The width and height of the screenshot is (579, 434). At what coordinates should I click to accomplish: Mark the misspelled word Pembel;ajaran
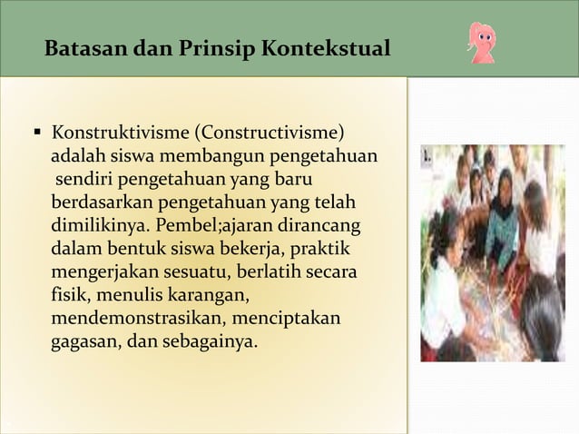click(x=211, y=225)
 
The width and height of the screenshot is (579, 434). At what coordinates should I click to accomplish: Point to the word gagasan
click(x=81, y=343)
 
